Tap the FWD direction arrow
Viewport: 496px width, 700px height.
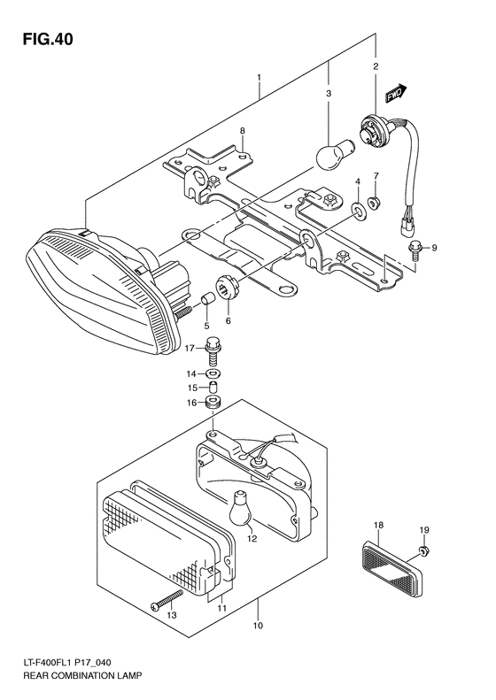[394, 93]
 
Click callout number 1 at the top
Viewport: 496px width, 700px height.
[259, 78]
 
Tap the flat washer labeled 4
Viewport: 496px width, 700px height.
[358, 210]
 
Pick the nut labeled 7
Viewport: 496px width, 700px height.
[376, 203]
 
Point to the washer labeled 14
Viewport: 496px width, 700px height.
[213, 373]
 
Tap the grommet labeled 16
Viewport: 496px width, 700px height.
[213, 404]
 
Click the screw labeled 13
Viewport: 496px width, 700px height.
[167, 601]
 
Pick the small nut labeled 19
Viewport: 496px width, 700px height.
[424, 551]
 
